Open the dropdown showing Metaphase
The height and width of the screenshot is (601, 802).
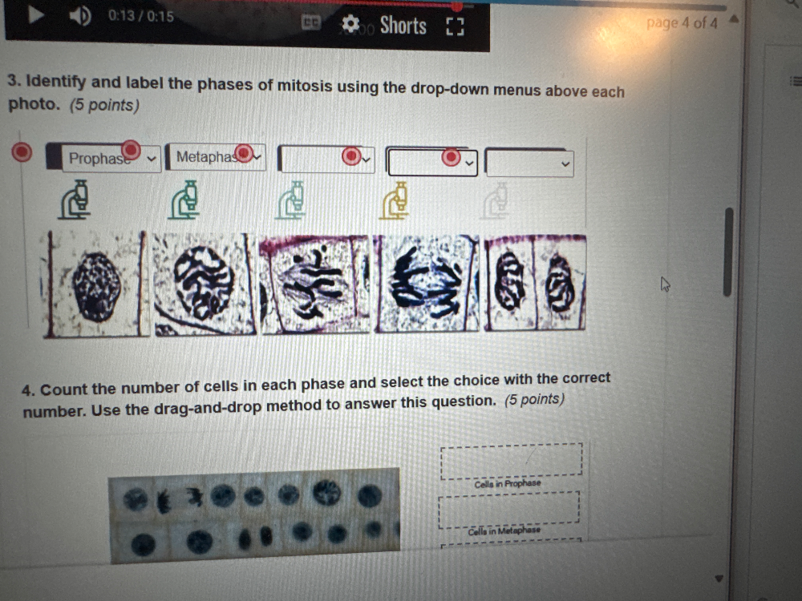[x=215, y=157]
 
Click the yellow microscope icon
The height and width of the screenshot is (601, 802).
[x=395, y=200]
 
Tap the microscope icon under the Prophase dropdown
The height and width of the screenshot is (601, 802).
[x=75, y=200]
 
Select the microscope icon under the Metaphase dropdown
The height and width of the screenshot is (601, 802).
[x=184, y=200]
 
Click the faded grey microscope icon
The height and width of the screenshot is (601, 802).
[x=497, y=200]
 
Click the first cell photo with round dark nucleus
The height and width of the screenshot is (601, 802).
[x=97, y=284]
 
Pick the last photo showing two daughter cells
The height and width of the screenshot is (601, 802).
[x=535, y=283]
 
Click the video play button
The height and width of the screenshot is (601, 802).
[x=34, y=15]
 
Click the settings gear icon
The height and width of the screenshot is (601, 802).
[x=350, y=25]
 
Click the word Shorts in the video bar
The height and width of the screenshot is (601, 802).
[x=403, y=26]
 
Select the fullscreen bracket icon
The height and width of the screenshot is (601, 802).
[x=456, y=28]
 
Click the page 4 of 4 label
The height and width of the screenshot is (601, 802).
[x=682, y=23]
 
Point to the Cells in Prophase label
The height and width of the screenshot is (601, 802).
[x=507, y=484]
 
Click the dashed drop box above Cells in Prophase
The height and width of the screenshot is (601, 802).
[x=511, y=461]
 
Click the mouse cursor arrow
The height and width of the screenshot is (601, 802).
[x=664, y=284]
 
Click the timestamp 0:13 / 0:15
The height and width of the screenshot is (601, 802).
[x=140, y=16]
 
